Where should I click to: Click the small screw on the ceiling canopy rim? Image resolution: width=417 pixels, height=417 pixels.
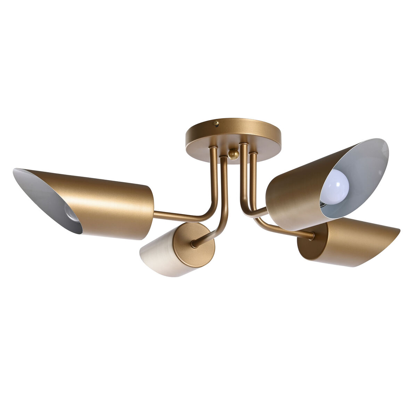(x=216, y=123)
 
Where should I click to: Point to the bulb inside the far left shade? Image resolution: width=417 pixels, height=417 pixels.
(x=71, y=212)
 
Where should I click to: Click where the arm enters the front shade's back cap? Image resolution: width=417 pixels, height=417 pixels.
(x=193, y=245)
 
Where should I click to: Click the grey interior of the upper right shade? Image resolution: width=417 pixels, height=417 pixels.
(x=365, y=174)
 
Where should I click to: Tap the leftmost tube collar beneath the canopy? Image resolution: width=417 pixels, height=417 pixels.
(x=213, y=149)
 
